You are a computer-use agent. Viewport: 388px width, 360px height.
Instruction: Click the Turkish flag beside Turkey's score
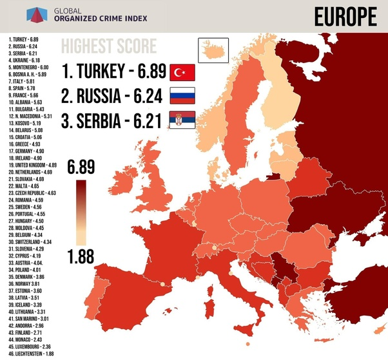tap(182, 71)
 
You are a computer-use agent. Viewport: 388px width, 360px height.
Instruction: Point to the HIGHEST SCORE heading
tap(108, 47)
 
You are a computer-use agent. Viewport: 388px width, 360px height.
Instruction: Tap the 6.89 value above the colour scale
tap(80, 169)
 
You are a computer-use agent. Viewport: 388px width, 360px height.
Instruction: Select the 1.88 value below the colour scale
tap(80, 257)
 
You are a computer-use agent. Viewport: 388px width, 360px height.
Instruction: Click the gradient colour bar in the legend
tap(80, 213)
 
